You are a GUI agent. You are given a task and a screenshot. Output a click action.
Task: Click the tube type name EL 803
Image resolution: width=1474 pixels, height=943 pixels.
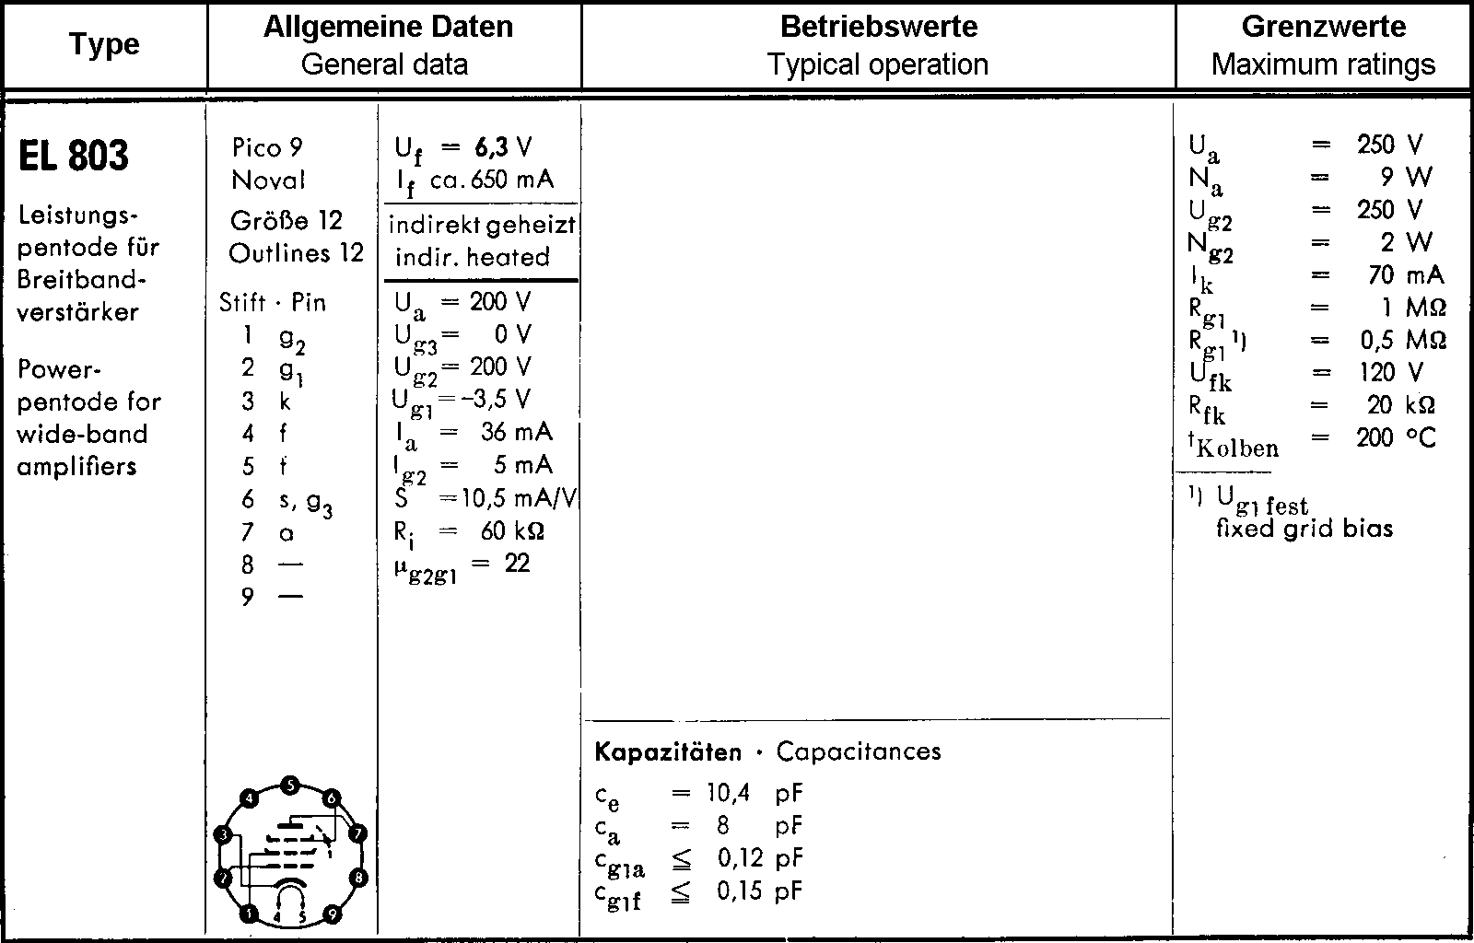(x=74, y=156)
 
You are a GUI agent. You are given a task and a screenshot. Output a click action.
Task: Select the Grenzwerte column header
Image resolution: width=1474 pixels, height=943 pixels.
(x=1323, y=26)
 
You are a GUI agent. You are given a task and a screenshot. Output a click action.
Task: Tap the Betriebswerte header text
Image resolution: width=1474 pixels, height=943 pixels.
(x=878, y=26)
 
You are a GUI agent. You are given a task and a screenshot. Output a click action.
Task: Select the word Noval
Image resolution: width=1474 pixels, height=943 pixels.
(x=268, y=180)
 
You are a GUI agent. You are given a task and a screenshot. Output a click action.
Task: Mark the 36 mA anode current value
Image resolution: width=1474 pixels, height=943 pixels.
(x=516, y=432)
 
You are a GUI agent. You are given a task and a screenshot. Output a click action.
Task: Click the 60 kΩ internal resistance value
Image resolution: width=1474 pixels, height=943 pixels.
(x=512, y=531)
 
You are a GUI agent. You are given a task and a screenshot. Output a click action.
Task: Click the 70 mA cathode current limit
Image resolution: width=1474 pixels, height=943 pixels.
(x=1406, y=275)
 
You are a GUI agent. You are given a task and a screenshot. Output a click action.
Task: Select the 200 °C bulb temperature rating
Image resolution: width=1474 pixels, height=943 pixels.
(x=1395, y=437)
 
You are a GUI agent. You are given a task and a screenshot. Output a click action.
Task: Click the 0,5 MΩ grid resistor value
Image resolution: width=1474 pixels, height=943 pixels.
(x=1402, y=340)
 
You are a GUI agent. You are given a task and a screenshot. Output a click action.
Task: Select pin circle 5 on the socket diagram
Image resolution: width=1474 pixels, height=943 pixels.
(x=290, y=786)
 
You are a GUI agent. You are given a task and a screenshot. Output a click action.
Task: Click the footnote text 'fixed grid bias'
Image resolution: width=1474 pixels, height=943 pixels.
(x=1304, y=529)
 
